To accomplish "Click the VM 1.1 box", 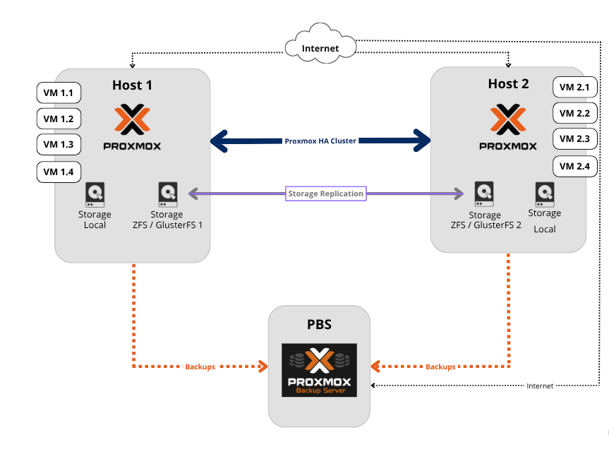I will [59, 93].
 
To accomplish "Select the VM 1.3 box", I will [59, 144].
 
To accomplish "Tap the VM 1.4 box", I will [59, 172].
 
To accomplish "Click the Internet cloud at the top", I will [320, 48].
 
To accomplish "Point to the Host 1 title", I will [132, 85].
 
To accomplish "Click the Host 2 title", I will [507, 84].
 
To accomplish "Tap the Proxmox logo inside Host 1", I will [133, 128].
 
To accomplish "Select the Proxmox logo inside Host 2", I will [507, 128].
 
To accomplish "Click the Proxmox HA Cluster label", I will [320, 141].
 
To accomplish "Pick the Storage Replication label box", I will [325, 194].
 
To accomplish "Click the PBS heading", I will [319, 326].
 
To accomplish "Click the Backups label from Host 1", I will [200, 367].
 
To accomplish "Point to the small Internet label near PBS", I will [540, 386].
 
